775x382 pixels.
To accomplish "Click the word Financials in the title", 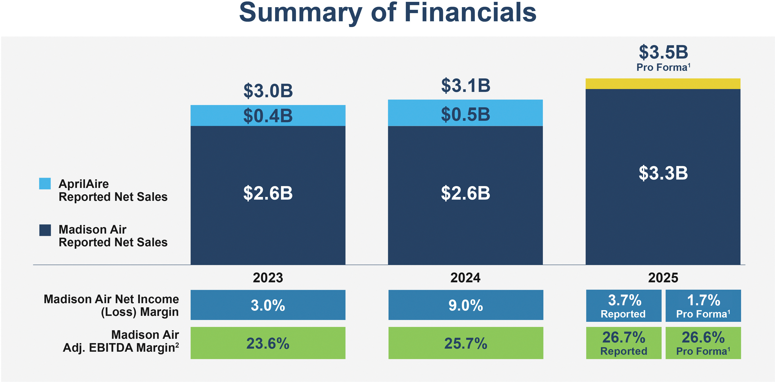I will coord(470,13).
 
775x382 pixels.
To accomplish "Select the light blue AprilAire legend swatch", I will coord(45,183).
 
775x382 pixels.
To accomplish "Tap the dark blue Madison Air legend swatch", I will coord(45,230).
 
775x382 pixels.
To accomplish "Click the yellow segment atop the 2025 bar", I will coord(663,84).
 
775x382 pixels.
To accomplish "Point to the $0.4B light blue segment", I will coord(268,115).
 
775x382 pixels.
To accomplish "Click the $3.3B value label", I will coord(663,173).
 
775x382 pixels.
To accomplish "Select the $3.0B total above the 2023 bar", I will coord(268,91).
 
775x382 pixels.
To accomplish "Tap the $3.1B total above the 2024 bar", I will coord(465,86).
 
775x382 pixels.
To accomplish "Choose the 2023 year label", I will coord(268,278).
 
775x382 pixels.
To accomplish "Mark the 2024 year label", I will coord(465,278).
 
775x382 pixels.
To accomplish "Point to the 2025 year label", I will coord(663,278).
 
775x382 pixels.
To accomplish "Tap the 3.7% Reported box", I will coord(624,306).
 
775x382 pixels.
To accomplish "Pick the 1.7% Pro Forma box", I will coord(703,306).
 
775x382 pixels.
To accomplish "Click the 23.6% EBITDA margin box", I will coord(268,343).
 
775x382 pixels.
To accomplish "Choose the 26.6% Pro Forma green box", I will coord(703,343).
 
